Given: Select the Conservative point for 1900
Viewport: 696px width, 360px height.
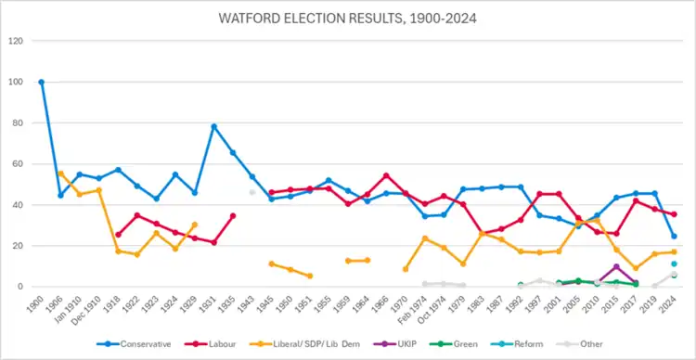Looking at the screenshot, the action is coord(42,83).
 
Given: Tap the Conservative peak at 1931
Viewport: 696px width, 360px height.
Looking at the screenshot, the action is coord(214,126).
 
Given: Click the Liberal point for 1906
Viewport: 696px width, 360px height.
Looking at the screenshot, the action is coord(61,174).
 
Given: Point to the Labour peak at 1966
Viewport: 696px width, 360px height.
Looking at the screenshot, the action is coord(386,175).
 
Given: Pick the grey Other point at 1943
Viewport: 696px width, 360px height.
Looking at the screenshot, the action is coord(252,192).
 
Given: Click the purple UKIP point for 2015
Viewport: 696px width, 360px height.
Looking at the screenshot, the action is coord(616,267).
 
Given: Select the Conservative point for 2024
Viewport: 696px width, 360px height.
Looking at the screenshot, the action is coord(674,237).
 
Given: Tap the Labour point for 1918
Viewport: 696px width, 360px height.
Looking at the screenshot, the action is coord(118,235).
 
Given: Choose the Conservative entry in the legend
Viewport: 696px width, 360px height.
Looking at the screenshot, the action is coord(134,344).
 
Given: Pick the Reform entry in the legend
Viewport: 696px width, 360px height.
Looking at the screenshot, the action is coord(522,344).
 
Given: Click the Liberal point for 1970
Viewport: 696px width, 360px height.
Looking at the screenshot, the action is coord(406,269).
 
